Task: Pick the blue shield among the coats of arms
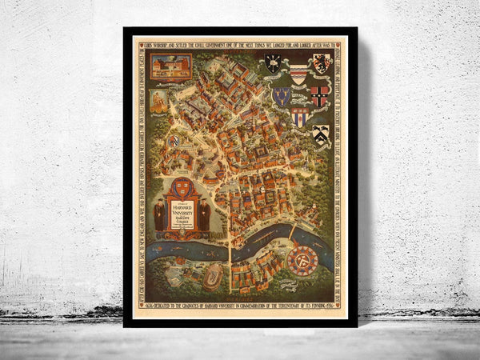tap(281, 96)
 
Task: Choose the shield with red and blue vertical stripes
tap(299, 118)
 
